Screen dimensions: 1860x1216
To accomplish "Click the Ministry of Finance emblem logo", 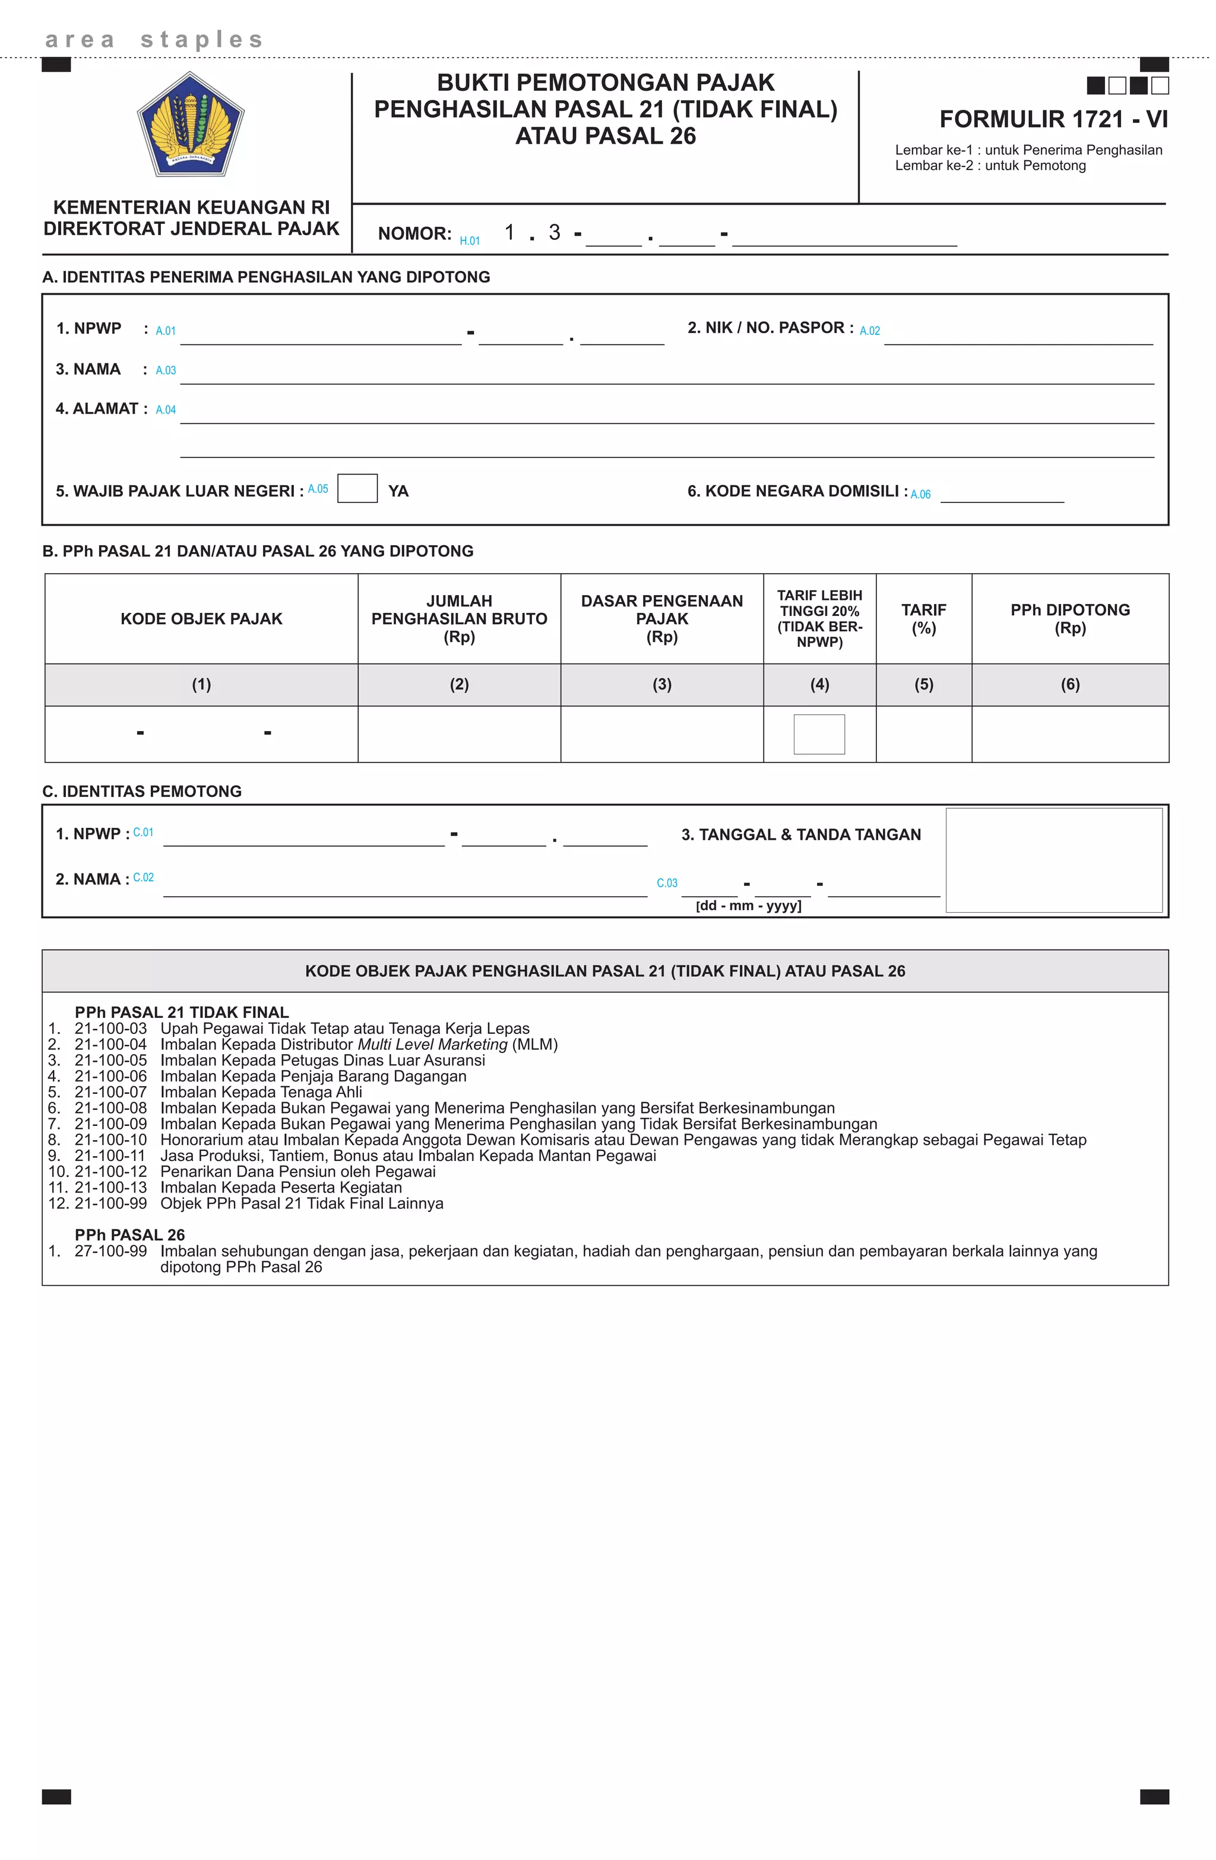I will (x=191, y=124).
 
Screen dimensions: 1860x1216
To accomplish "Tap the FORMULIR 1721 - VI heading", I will (x=1053, y=119).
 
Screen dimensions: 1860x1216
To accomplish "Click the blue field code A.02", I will (x=869, y=331).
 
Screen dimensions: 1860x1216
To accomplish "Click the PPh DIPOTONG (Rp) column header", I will (x=1069, y=618).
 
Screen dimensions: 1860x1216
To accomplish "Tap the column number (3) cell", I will (x=661, y=685).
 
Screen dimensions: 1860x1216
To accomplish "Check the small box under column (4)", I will (x=818, y=734).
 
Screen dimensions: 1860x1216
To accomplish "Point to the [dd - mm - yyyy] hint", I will (x=748, y=906).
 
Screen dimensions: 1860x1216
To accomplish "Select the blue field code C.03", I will (x=667, y=883).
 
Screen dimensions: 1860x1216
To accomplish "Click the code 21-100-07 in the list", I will (x=110, y=1092).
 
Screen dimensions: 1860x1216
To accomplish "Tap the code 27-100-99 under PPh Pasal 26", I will (x=110, y=1251).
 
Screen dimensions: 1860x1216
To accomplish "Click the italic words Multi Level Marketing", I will (x=432, y=1044).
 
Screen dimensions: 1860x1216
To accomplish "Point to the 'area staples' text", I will (x=154, y=39).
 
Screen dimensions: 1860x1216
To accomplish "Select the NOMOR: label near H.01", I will (x=414, y=233).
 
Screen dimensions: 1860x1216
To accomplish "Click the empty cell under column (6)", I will (x=1069, y=734).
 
